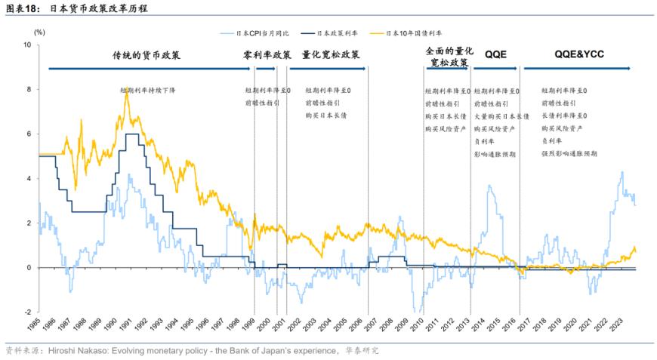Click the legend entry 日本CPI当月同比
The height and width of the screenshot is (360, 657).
[x=261, y=33]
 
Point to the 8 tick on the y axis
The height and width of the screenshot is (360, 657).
[x=28, y=89]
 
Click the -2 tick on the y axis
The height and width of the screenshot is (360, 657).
[x=26, y=312]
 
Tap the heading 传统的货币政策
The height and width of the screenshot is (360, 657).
[x=147, y=55]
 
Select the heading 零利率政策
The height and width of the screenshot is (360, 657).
[x=267, y=55]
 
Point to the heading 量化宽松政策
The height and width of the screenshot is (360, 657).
[x=331, y=55]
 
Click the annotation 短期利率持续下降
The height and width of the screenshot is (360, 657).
[x=148, y=90]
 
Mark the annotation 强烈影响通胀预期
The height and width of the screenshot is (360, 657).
[x=569, y=153]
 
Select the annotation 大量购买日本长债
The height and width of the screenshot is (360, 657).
[x=499, y=115]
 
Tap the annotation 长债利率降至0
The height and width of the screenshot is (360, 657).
[x=564, y=115]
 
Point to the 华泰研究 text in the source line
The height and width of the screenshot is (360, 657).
[x=362, y=351]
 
